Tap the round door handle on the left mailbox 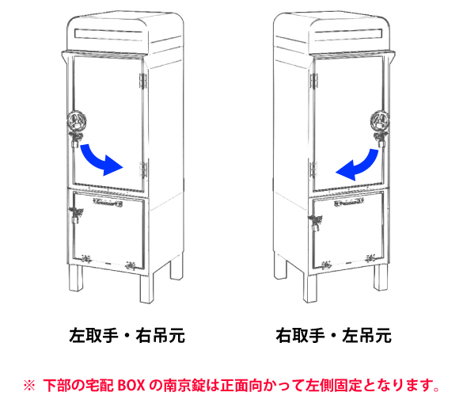click(x=77, y=120)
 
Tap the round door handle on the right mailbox click(x=380, y=120)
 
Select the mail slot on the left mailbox click(x=108, y=34)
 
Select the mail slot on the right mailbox click(x=349, y=35)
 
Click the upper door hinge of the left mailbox click(x=142, y=81)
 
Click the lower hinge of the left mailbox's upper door click(x=143, y=169)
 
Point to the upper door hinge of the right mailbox click(x=314, y=81)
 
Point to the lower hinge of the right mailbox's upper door click(x=313, y=169)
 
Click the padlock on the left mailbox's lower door click(x=75, y=216)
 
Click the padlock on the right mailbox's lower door click(x=316, y=223)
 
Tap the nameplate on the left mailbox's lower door click(x=108, y=201)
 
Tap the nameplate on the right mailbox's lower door click(x=349, y=203)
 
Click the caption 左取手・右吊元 click(x=127, y=336)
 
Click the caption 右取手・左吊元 click(x=333, y=336)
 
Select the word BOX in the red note click(x=131, y=385)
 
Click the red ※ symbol click(x=29, y=386)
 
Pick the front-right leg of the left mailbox click(x=146, y=289)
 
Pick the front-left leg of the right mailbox click(x=309, y=288)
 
